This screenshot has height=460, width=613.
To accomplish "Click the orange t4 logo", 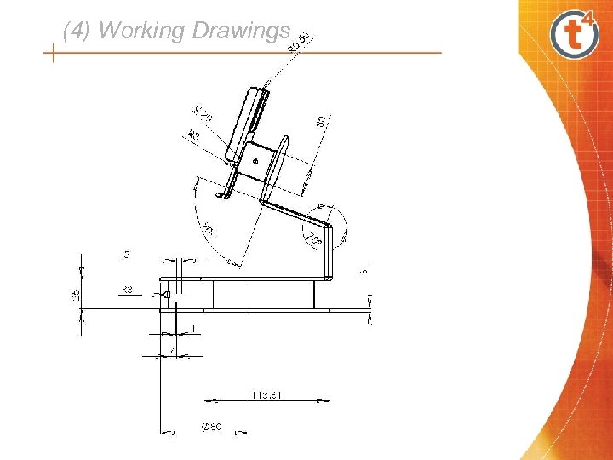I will point(575,33).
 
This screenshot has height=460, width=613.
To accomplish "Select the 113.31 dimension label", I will point(268,394).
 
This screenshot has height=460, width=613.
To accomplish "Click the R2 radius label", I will point(128,290).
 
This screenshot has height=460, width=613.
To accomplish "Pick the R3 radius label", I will point(194,135).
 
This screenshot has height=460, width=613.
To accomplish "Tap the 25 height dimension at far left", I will point(77,294).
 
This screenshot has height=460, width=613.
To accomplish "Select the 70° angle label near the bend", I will point(315,242).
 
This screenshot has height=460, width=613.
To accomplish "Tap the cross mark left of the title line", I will point(53,55).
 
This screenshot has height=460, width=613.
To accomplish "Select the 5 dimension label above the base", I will point(127,254).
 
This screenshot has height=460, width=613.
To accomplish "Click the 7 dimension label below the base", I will point(171,350).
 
